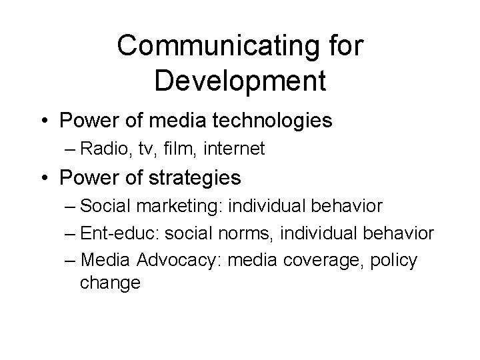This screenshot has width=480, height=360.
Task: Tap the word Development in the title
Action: pyautogui.click(x=240, y=80)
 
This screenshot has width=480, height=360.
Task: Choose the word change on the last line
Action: pyautogui.click(x=111, y=283)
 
